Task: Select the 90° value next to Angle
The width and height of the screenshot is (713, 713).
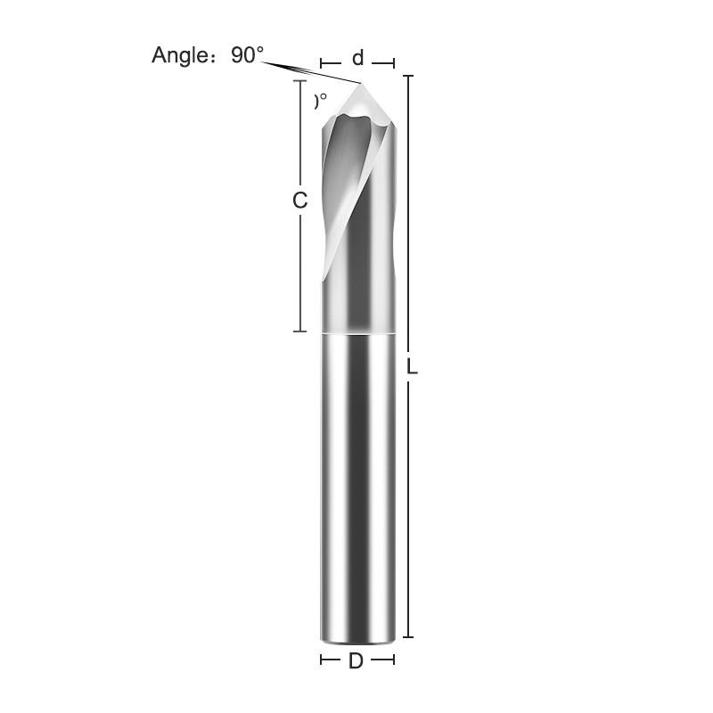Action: click(248, 54)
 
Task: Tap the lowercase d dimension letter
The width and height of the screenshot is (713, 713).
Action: click(357, 59)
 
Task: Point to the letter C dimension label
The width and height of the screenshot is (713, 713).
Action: click(300, 201)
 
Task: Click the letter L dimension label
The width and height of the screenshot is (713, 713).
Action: click(413, 366)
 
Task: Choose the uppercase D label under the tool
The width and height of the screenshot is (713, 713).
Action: click(356, 660)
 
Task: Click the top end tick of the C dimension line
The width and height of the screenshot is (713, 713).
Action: click(300, 81)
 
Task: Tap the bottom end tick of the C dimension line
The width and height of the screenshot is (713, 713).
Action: click(300, 331)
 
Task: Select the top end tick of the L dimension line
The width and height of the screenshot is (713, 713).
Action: click(408, 77)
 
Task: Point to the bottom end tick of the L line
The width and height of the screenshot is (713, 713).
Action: click(408, 636)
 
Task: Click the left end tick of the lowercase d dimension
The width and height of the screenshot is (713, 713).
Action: click(322, 63)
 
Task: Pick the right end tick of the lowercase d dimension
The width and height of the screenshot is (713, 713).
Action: click(394, 63)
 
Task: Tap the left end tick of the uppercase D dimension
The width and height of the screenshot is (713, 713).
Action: click(322, 660)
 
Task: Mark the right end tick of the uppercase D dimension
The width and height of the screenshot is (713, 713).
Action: click(394, 660)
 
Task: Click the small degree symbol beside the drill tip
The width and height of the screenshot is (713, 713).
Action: click(321, 100)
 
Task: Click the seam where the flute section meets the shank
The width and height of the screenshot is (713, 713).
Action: click(357, 333)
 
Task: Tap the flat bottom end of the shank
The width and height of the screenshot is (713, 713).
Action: click(357, 638)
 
